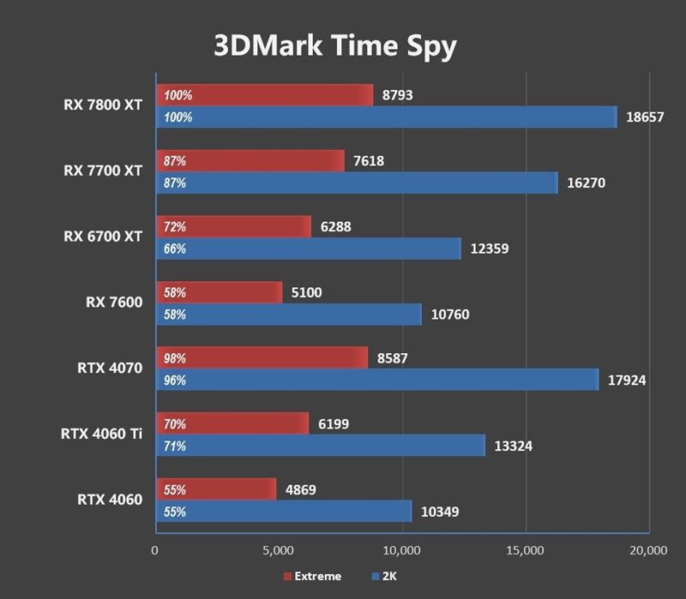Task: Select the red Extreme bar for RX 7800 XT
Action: click(x=264, y=95)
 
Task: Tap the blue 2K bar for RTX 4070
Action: click(x=376, y=380)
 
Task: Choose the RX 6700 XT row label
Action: click(x=103, y=236)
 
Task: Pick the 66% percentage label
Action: click(x=175, y=249)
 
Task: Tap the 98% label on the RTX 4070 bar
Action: click(x=175, y=358)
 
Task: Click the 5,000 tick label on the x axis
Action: click(x=278, y=549)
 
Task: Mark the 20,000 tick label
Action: click(x=647, y=549)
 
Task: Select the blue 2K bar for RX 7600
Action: click(x=288, y=314)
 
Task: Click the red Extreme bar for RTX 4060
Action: click(x=215, y=489)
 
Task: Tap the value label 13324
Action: click(x=513, y=446)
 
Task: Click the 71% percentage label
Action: click(x=175, y=446)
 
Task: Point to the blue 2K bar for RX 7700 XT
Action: click(x=356, y=183)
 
